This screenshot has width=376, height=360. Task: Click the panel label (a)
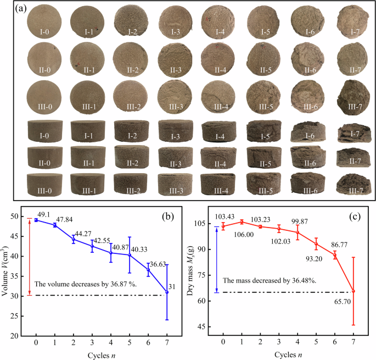click(x=22, y=8)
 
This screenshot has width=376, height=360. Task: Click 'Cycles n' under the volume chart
click(x=100, y=352)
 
